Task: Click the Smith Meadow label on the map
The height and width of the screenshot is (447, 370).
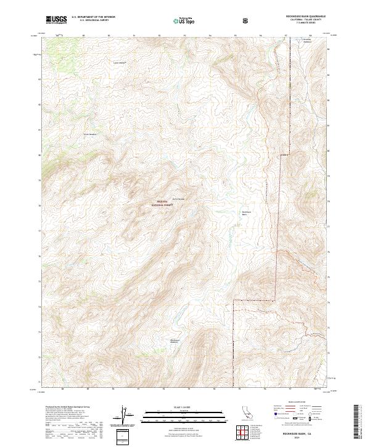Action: (x=90, y=133)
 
